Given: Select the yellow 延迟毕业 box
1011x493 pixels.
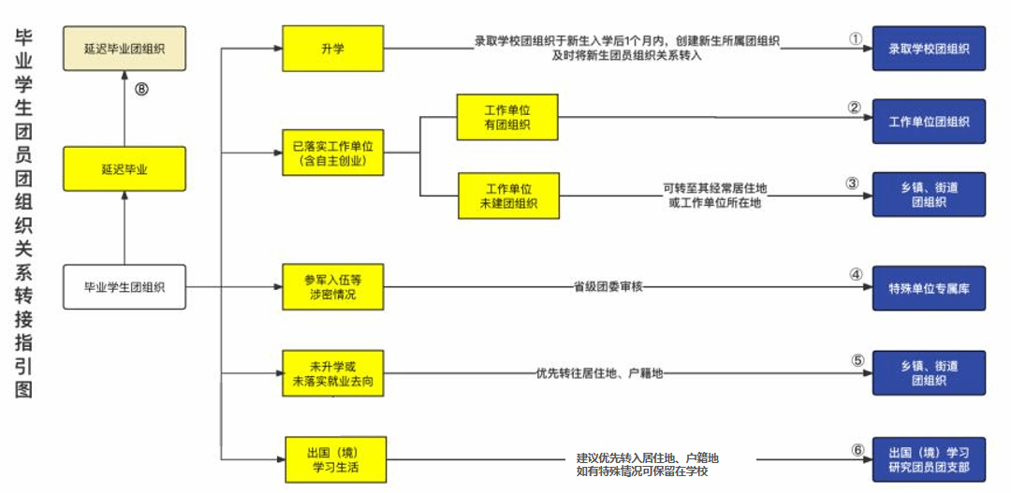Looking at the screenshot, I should click(124, 169).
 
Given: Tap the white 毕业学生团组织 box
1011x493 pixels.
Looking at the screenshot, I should click(124, 287).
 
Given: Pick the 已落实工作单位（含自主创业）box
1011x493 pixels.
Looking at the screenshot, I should click(332, 153).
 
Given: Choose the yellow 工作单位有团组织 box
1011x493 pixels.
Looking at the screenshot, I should click(507, 117).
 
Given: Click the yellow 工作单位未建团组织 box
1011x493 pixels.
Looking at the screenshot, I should click(507, 196).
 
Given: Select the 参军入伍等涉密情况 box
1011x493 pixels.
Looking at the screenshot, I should click(332, 287).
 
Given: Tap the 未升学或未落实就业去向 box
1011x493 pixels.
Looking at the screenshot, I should click(332, 373).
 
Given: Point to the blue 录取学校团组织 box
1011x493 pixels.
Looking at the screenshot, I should click(929, 49).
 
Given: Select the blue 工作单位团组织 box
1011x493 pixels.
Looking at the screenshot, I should click(929, 122).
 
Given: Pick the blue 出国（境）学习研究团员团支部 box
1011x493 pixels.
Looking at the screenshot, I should click(929, 459).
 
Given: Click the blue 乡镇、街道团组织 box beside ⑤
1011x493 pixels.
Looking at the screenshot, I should click(929, 373).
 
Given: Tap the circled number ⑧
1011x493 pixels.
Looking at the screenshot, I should click(141, 90).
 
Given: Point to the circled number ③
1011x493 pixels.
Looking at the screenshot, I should click(852, 183).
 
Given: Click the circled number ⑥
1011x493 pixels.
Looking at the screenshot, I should click(857, 449).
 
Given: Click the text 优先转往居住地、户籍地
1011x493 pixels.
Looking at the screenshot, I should click(599, 373).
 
